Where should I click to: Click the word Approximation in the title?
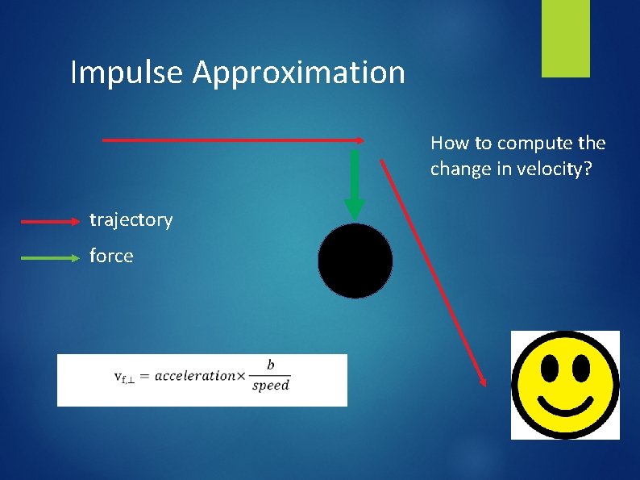click(298, 73)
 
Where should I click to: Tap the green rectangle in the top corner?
click(565, 39)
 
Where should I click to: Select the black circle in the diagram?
click(355, 261)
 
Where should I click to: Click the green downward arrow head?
click(355, 209)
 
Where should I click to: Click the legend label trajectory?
click(131, 220)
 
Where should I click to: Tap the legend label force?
click(111, 257)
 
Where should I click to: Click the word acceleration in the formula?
click(195, 376)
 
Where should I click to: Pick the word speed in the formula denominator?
click(270, 386)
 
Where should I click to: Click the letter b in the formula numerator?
click(270, 365)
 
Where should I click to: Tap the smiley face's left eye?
click(550, 368)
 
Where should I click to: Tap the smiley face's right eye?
click(580, 368)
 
